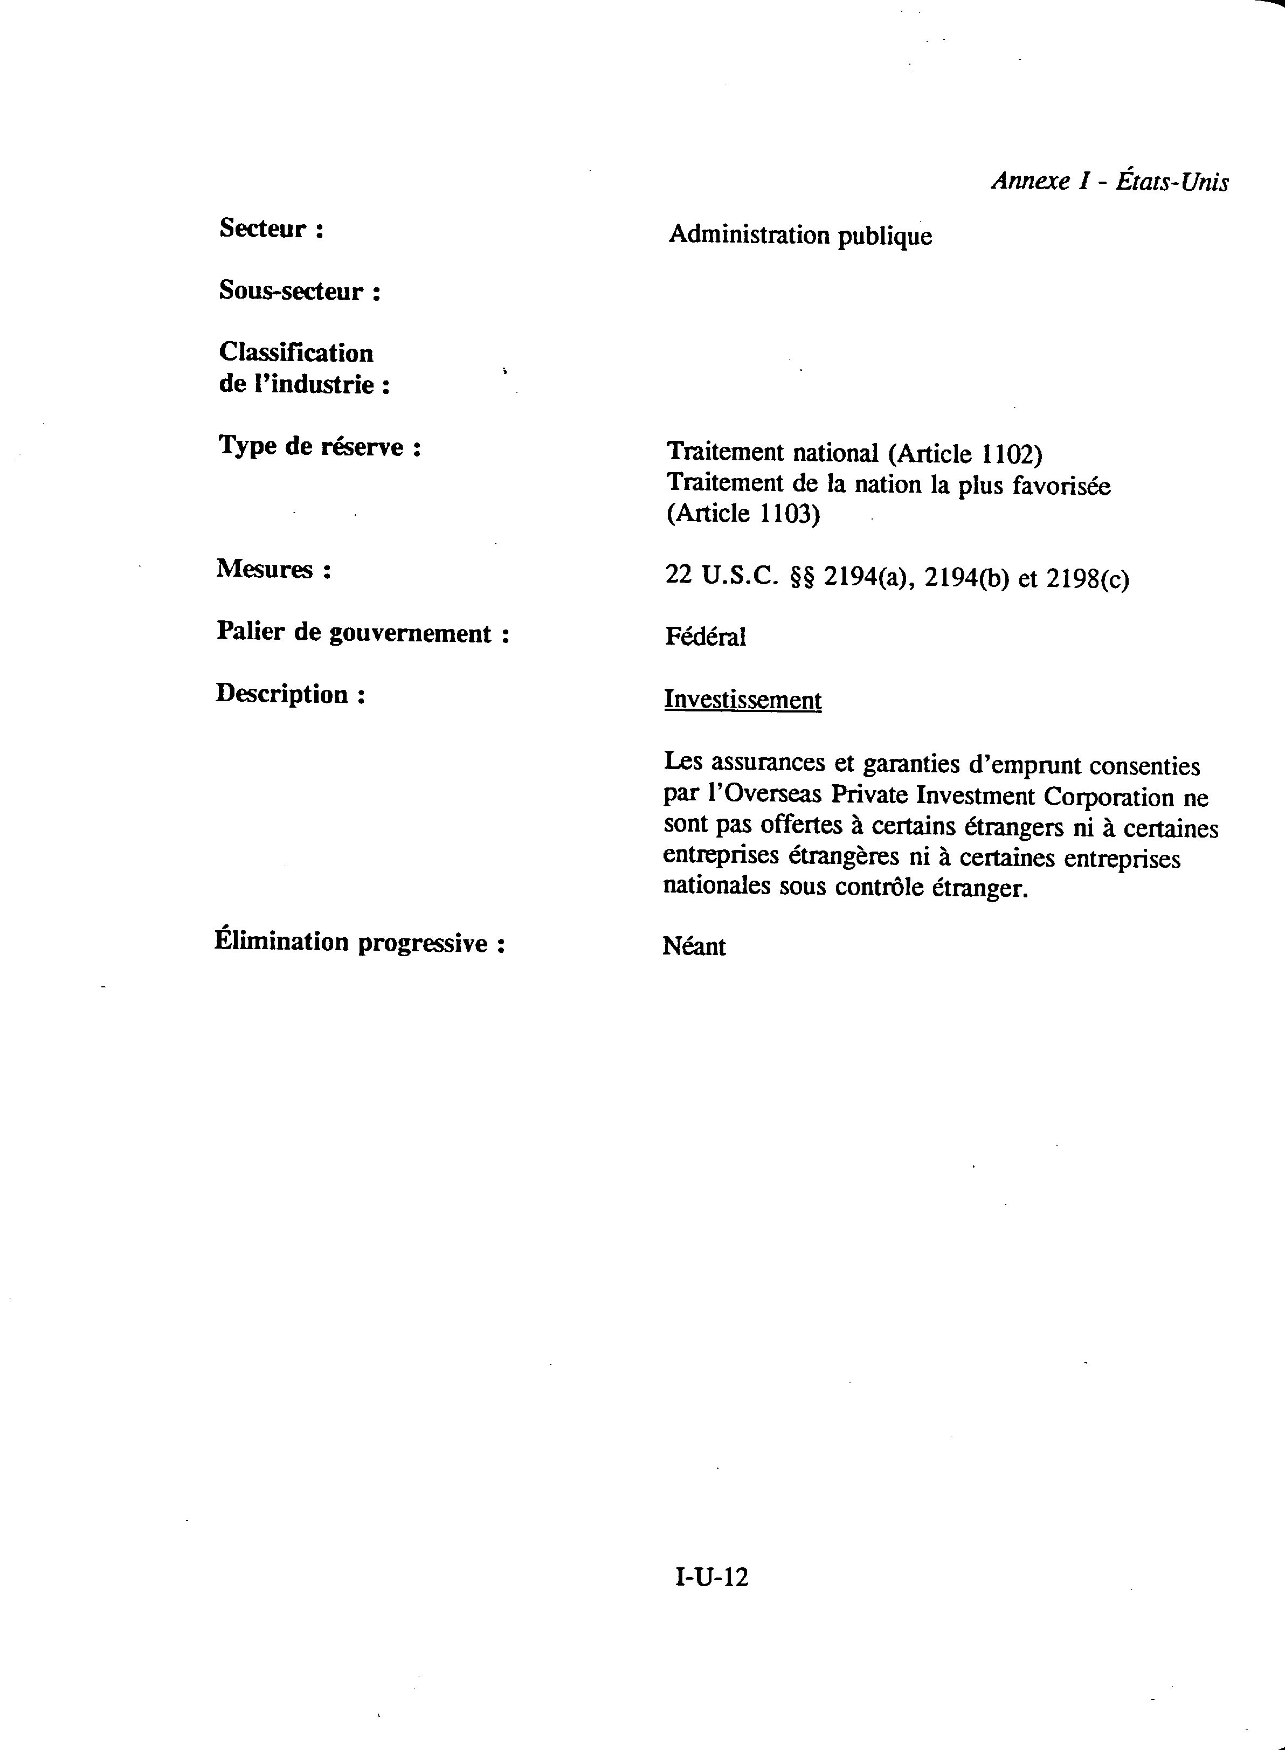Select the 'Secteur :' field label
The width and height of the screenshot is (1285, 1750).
[271, 229]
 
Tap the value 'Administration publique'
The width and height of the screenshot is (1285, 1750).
[800, 235]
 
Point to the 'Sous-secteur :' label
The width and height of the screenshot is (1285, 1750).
[300, 291]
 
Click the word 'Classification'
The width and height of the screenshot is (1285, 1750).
[295, 352]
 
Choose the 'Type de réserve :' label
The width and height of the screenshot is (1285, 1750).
[319, 446]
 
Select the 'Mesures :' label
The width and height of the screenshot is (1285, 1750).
[273, 569]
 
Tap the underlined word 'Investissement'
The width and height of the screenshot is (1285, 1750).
[742, 700]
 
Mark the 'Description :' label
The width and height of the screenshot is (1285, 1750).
[289, 694]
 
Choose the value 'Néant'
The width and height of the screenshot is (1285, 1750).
[694, 946]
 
